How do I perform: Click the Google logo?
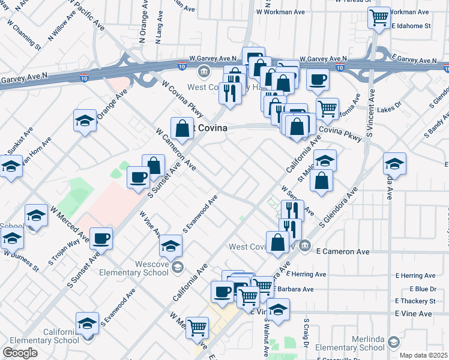tap(20, 353)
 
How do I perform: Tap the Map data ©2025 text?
tap(424, 355)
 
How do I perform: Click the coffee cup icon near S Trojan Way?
tap(101, 238)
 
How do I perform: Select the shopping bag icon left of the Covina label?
tap(182, 128)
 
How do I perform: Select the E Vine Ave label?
tap(413, 314)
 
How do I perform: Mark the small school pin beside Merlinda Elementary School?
tap(393, 342)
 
